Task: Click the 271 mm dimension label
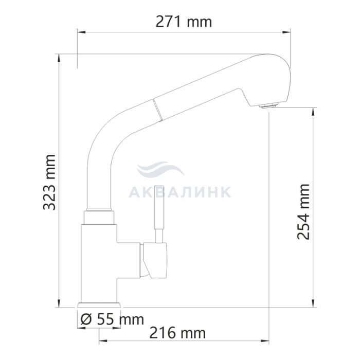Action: pyautogui.click(x=184, y=22)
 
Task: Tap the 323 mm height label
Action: pyautogui.click(x=49, y=183)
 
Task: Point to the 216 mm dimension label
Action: pyautogui.click(x=177, y=333)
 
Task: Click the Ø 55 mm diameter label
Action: pyautogui.click(x=112, y=319)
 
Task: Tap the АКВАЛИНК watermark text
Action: pyautogui.click(x=180, y=192)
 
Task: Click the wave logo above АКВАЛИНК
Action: pyautogui.click(x=160, y=169)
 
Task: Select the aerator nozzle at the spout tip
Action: pyautogui.click(x=268, y=105)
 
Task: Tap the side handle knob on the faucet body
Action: pyautogui.click(x=154, y=261)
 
